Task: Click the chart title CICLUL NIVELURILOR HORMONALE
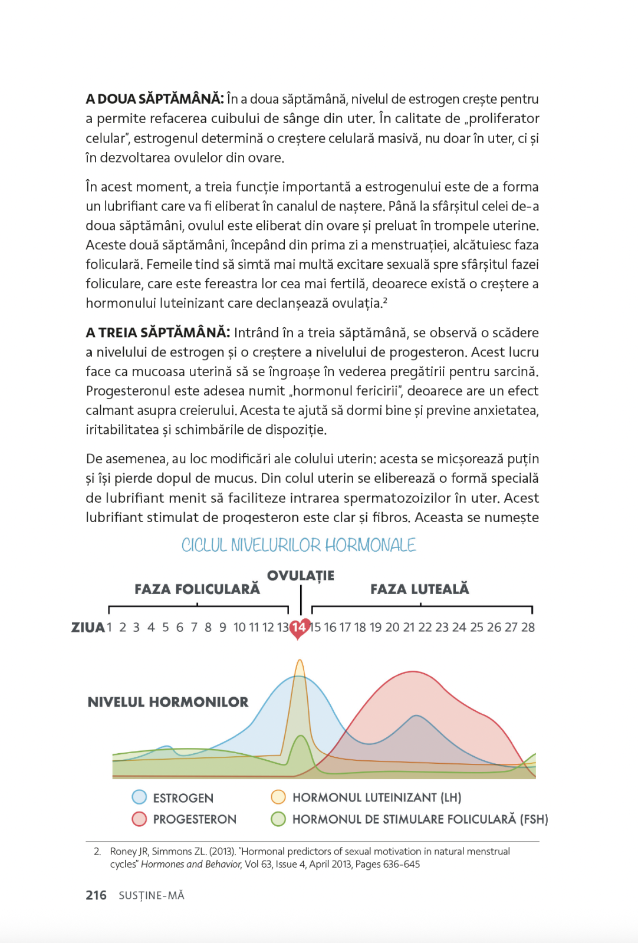coord(298,545)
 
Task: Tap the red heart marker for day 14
coord(299,628)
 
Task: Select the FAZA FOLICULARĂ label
coord(197,589)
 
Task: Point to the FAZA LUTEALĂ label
coord(419,589)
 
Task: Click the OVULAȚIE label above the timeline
coord(300,575)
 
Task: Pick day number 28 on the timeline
coord(528,627)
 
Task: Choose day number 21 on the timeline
coord(409,627)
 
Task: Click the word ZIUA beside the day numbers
coord(88,627)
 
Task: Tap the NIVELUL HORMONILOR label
coord(168,702)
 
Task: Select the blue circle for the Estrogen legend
coord(139,797)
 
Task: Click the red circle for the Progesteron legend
coord(139,819)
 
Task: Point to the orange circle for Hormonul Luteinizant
coord(278,797)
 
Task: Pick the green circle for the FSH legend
coord(278,819)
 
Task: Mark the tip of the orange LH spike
coord(300,660)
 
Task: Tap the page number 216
coord(96,895)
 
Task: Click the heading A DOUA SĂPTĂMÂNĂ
coord(154,99)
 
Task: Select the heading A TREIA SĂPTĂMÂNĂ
coord(157,332)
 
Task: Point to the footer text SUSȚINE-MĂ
coord(152,896)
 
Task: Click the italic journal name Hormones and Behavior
coord(191,865)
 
